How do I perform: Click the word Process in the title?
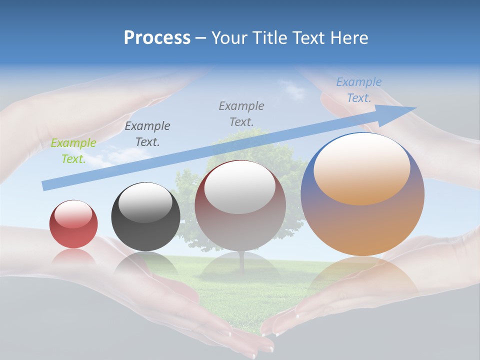pos(157,37)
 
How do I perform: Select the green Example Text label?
pos(73,150)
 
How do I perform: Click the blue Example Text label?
pos(358,90)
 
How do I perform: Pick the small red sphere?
pos(73,224)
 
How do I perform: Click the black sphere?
pos(145,216)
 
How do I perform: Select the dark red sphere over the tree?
pos(240,206)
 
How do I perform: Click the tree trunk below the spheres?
pos(242,262)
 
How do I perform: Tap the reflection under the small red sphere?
pos(73,256)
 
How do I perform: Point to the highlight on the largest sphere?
pos(362,168)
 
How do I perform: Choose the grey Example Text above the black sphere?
pos(147,133)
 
